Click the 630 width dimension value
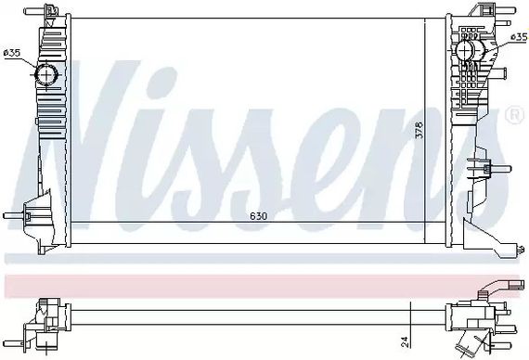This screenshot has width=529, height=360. point(259,215)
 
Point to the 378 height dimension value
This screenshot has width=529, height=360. point(419,129)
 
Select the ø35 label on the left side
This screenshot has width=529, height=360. point(12,53)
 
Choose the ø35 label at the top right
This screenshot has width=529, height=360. point(519,37)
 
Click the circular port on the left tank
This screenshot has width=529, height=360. point(46,74)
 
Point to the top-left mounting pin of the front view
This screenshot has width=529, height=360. point(34,11)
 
